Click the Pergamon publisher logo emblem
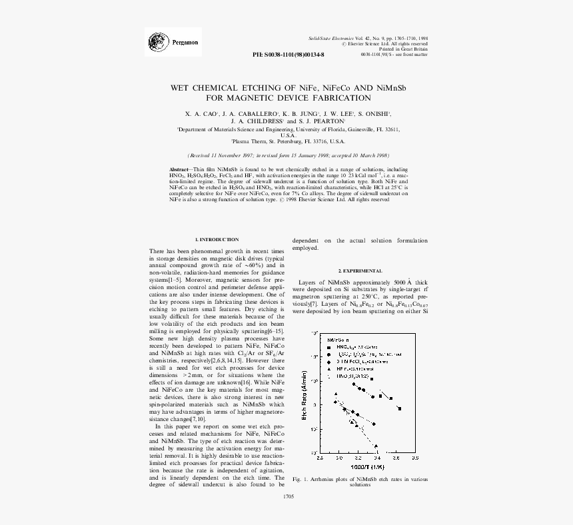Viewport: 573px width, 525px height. click(157, 42)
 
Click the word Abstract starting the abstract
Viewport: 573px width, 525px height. click(181, 170)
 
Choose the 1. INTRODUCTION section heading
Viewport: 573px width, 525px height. click(217, 239)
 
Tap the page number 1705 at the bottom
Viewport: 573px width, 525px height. click(288, 496)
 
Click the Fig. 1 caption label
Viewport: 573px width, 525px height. click(301, 478)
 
